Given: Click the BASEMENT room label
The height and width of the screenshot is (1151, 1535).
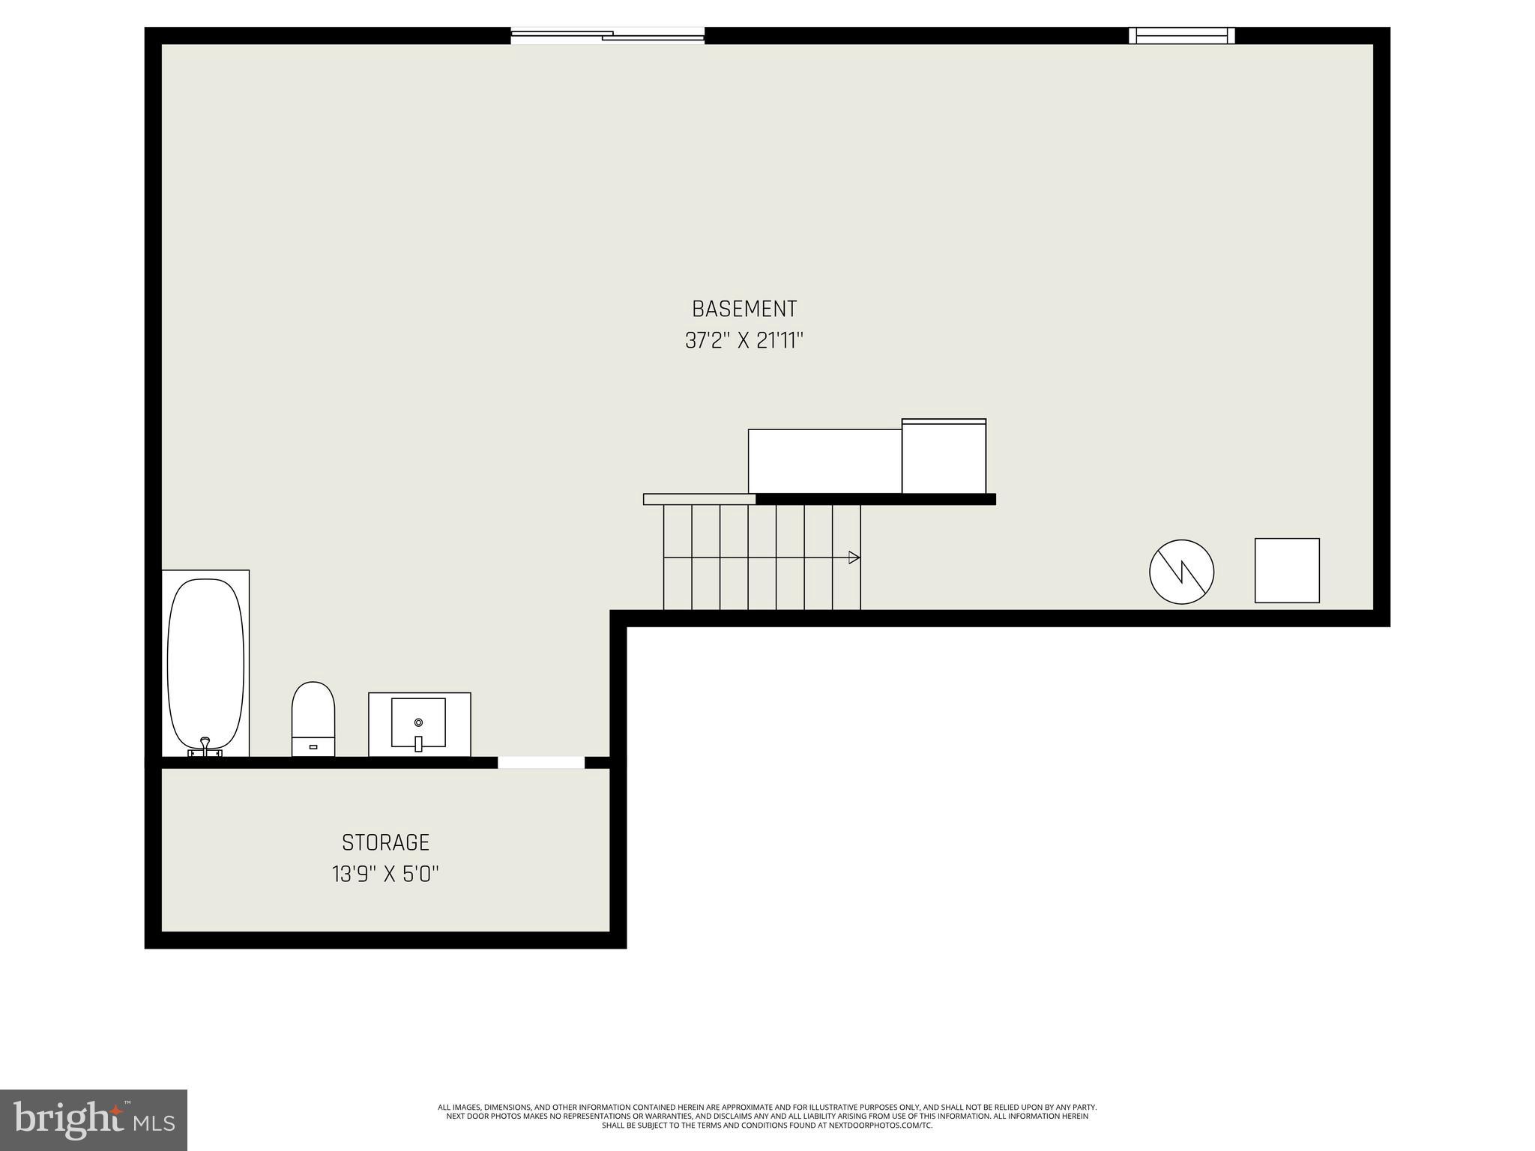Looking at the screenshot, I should pos(744,309).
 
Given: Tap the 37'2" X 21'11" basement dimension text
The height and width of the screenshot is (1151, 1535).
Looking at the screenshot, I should pos(744,341).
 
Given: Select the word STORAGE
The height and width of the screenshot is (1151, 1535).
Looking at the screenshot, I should pos(385,842).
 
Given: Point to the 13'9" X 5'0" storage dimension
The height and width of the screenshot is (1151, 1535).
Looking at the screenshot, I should pos(385,874).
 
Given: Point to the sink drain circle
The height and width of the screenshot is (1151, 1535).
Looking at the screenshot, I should pos(418,722).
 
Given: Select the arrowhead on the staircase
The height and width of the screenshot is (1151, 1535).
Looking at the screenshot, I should pos(854,558).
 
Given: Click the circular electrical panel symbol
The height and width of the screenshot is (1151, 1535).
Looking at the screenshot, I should pos(1181,572).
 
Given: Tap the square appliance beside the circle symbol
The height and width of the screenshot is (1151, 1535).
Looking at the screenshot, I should pos(1287,570).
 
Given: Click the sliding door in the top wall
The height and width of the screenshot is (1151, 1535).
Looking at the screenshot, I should pos(607,35).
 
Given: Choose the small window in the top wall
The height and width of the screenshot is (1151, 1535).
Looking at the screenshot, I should pos(1181,35).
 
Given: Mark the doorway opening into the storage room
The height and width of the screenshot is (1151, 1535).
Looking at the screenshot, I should pos(541,763).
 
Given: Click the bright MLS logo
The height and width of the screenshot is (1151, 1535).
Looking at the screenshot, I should pos(94,1120).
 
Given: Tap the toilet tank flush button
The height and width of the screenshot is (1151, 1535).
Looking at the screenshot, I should pos(313,747).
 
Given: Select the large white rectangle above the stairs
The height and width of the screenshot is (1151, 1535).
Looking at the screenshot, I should pos(824,461).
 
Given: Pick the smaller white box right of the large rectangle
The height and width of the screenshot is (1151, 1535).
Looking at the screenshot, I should pos(944,456).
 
